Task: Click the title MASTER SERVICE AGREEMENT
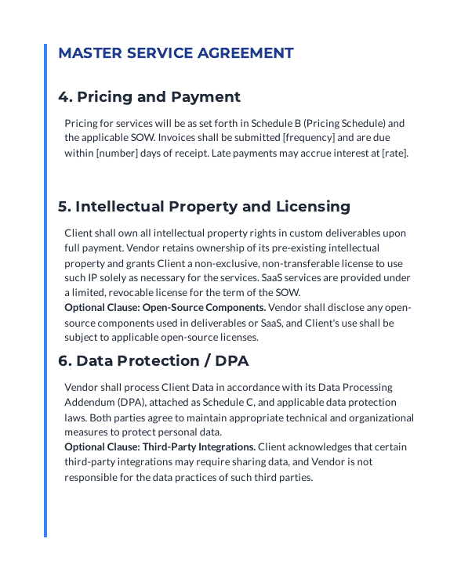point(176,53)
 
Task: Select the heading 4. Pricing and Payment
point(149,97)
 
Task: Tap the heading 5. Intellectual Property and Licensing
point(204,207)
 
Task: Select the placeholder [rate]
point(394,153)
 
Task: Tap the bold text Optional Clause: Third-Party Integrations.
point(160,446)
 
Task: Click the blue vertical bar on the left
point(45,290)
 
